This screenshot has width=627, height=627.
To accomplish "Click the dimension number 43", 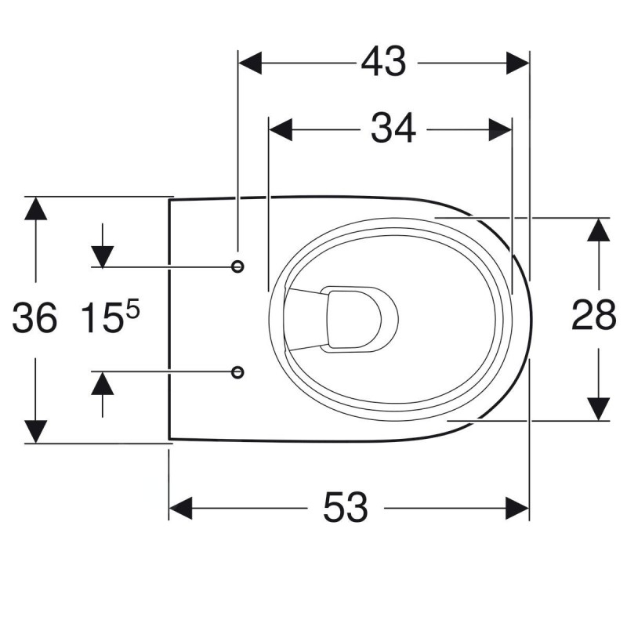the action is point(383,62).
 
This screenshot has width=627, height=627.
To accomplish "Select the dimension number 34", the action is point(393,129).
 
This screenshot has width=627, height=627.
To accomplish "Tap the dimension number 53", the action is point(346,507).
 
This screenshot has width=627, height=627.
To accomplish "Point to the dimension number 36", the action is point(34,318).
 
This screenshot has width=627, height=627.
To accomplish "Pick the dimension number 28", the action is point(594,315).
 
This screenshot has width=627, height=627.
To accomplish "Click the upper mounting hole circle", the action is point(238,266).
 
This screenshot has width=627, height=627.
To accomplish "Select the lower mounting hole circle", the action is point(238,372).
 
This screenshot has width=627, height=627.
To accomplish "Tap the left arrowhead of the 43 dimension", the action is point(250,63).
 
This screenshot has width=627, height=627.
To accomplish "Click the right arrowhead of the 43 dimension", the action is point(518,63).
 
